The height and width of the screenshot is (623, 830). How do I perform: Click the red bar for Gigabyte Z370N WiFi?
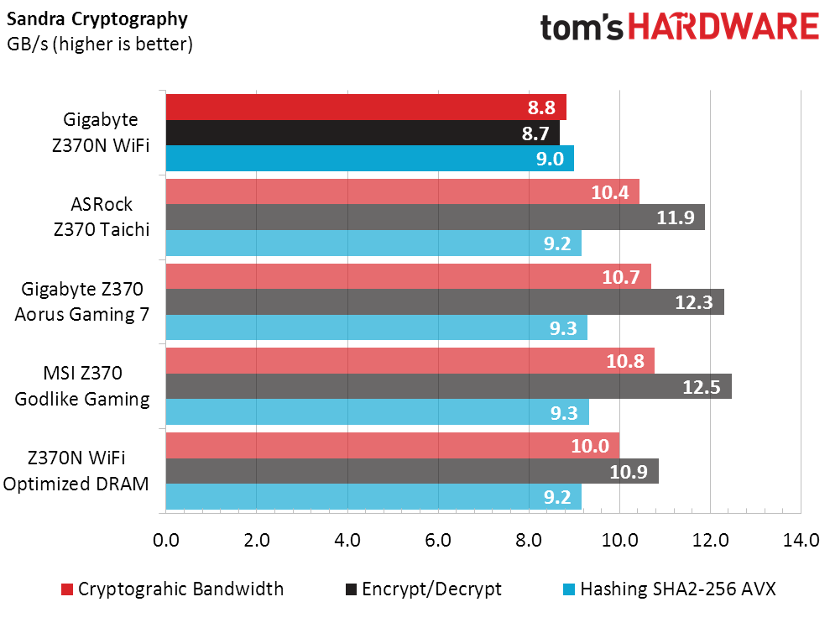365,107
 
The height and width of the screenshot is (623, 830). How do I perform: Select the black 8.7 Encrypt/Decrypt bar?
362,133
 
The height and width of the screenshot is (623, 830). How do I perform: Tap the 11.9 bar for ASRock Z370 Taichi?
435,217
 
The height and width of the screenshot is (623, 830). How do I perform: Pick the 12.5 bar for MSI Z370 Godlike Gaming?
448,386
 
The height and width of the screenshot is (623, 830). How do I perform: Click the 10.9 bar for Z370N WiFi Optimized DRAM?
411,471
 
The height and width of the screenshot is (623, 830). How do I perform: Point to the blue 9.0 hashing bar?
369,159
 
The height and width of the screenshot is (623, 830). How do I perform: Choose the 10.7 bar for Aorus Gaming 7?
408,276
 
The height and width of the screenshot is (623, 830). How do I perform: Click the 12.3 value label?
694,302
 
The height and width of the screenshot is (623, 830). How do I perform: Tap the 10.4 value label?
610,192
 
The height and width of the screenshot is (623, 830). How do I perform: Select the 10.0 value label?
590,446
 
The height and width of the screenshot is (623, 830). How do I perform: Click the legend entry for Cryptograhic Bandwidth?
180,589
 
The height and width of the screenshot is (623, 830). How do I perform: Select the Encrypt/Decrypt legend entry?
431,589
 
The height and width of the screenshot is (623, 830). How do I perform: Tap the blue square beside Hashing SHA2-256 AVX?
570,589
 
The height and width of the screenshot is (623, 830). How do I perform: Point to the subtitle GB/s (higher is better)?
100,43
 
